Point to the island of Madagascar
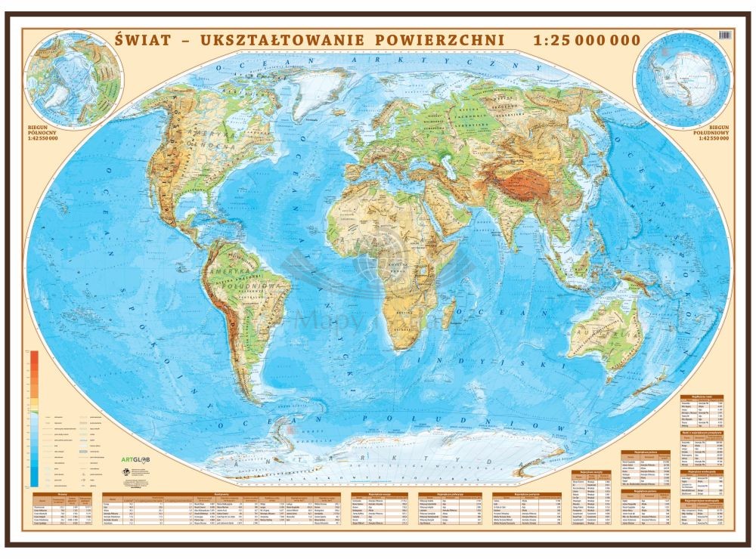coord(452,309)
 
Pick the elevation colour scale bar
coord(35,419)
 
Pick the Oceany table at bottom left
coord(64,510)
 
